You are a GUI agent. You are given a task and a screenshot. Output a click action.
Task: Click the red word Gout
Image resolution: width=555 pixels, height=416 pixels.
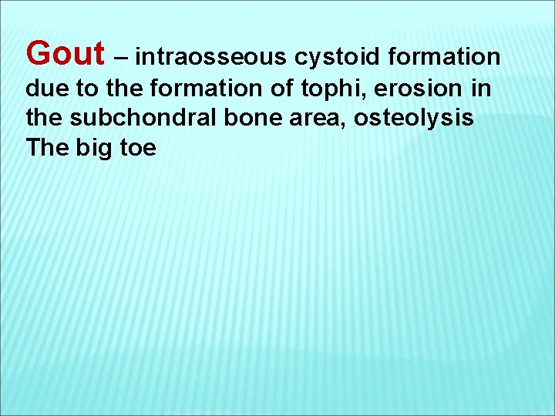coord(65,54)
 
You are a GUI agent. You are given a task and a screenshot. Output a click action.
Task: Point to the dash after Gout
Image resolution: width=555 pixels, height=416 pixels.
coord(121,58)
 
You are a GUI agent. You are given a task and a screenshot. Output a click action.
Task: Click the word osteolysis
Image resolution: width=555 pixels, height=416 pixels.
coord(414,119)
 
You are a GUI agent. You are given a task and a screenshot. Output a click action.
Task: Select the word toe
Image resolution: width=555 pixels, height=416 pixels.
coord(137,147)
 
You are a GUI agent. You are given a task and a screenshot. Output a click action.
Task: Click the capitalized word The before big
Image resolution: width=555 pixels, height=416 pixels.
coord(47,147)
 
